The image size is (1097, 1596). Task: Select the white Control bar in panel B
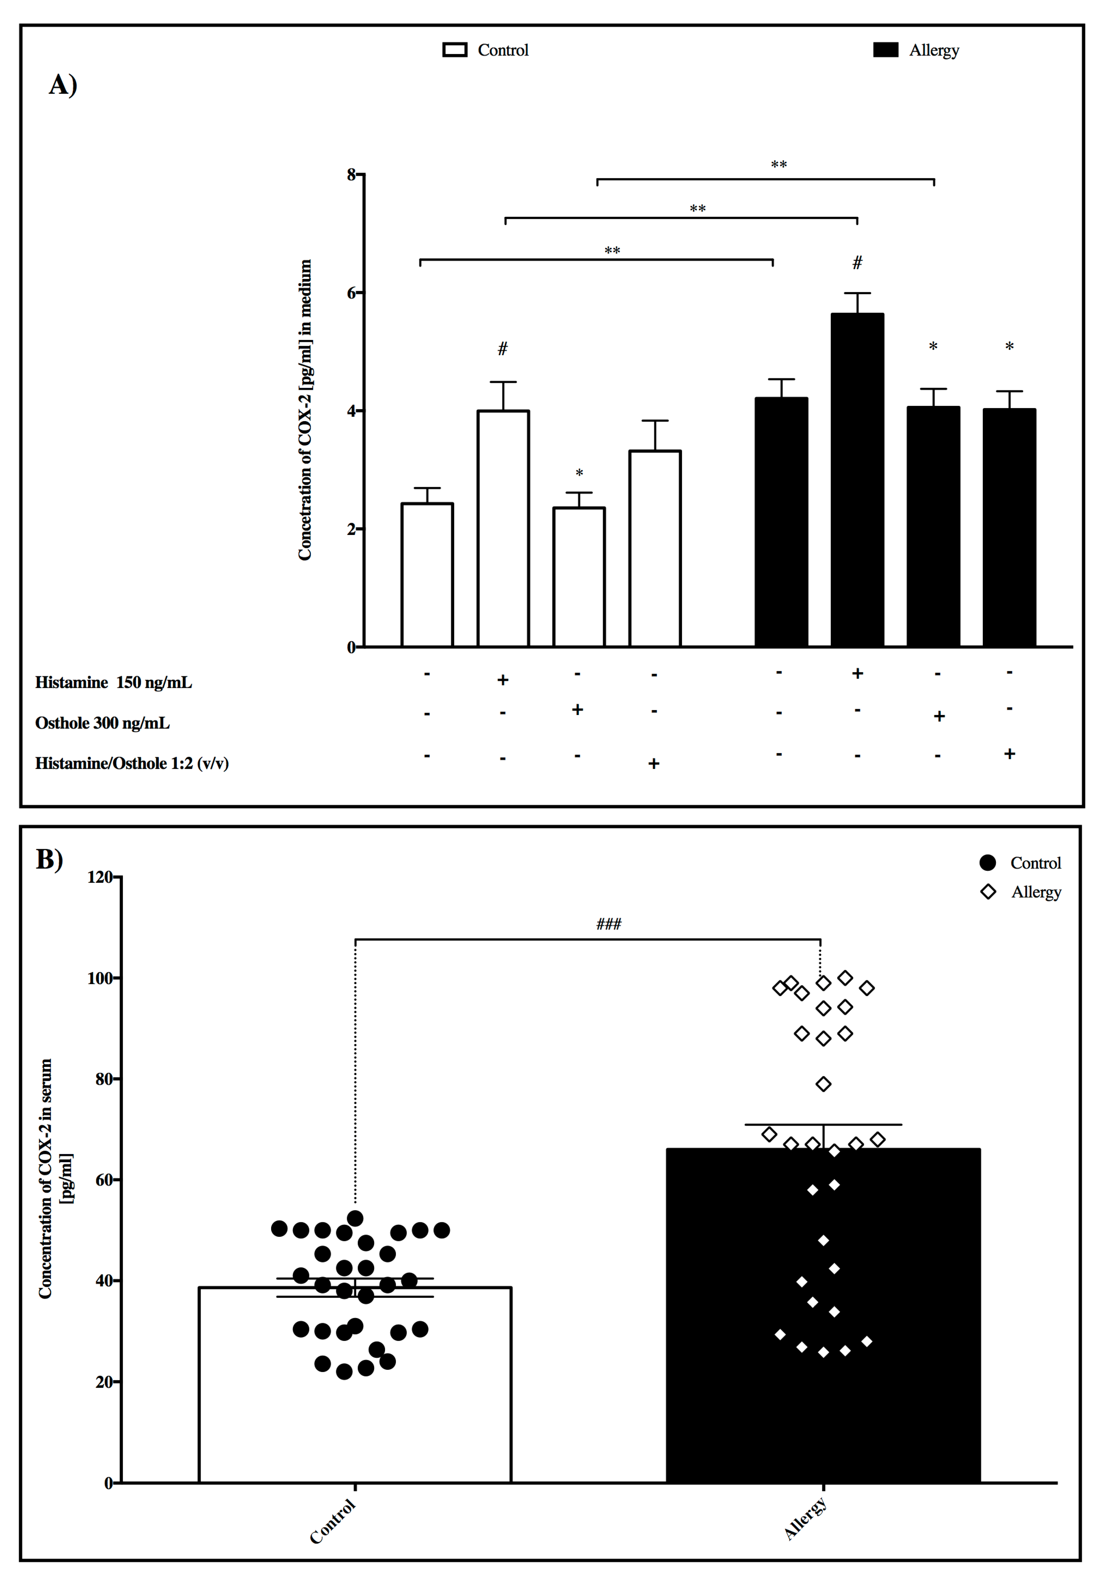click(x=355, y=1395)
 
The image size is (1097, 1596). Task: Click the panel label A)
click(x=63, y=85)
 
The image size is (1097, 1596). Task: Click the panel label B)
click(x=49, y=859)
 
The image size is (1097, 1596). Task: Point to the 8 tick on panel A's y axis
click(x=352, y=175)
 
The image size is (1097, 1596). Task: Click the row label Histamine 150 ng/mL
click(x=114, y=682)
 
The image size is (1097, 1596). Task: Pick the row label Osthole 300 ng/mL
click(x=102, y=723)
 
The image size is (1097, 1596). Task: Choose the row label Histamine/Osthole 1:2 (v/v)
click(x=132, y=764)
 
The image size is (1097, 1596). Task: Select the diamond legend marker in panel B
click(x=988, y=892)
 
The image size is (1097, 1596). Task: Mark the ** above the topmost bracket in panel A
click(x=778, y=165)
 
